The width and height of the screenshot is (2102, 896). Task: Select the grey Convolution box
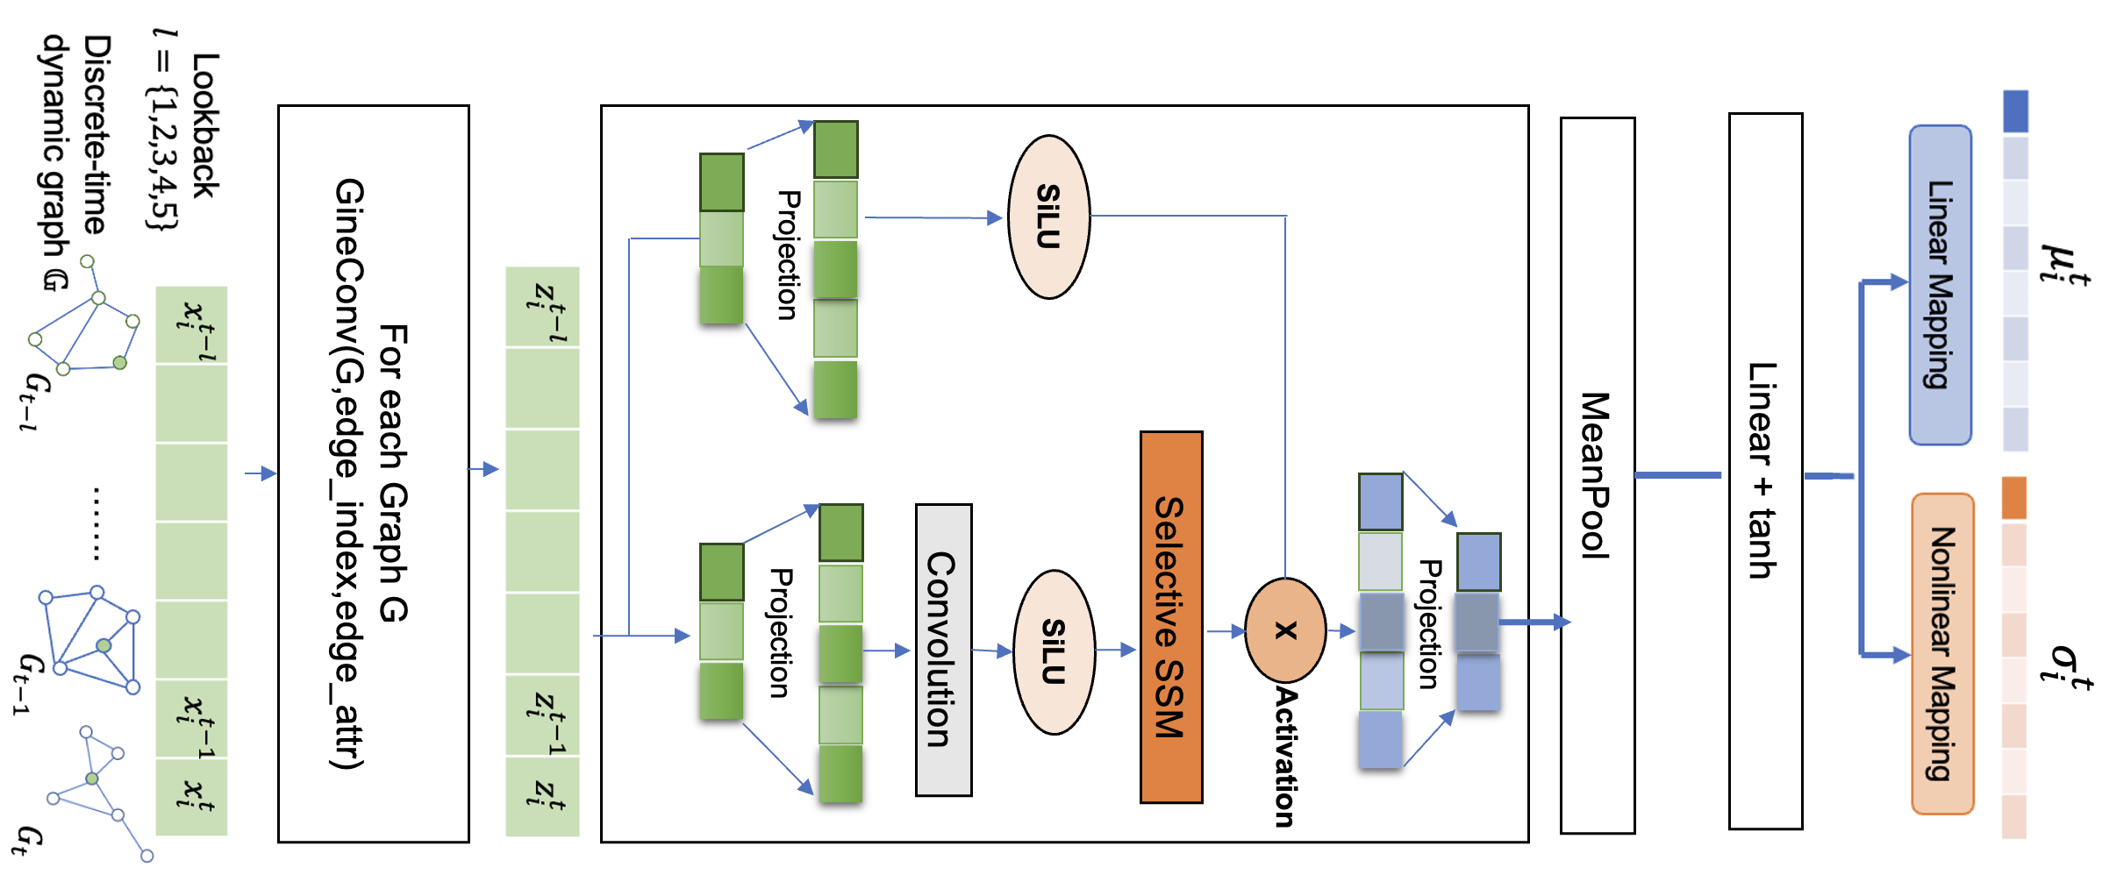943,650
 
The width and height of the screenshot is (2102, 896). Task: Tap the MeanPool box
1597,475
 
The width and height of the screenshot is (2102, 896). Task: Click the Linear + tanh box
1764,471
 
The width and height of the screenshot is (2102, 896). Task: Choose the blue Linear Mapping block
1940,285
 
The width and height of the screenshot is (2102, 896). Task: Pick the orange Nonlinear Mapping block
1942,653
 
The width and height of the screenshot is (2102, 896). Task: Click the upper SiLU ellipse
1048,217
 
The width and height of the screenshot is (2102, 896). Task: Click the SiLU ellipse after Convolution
1054,651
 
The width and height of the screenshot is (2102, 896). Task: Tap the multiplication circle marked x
1285,629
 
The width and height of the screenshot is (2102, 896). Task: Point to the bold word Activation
1285,756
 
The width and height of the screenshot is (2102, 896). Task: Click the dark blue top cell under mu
2015,111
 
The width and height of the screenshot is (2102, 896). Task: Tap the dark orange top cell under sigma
2013,498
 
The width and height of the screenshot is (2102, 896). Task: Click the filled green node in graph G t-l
120,362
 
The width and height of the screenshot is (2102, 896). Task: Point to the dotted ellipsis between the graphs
97,523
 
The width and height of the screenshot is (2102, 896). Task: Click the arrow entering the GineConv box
261,473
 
